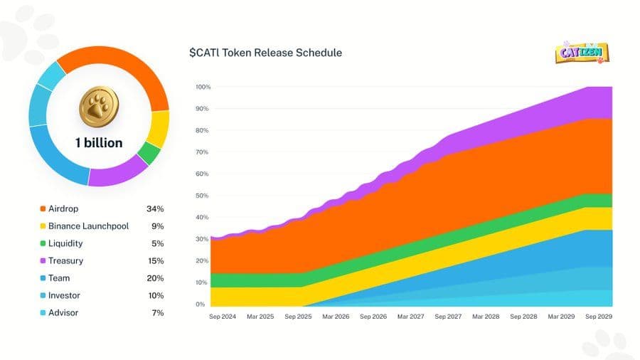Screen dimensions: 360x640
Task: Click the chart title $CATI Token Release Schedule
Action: click(265, 53)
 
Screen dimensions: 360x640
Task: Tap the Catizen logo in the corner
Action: click(581, 53)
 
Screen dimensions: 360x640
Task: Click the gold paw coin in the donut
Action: click(98, 106)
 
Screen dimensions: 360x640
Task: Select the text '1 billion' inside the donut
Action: click(99, 142)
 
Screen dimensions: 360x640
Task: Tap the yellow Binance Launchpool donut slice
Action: click(158, 129)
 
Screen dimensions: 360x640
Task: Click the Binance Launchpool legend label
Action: click(89, 226)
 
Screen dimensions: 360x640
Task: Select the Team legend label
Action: click(59, 278)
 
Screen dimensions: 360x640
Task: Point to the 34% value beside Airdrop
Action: click(154, 209)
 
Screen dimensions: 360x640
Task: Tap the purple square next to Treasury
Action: click(43, 261)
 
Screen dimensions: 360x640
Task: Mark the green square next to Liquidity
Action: click(43, 243)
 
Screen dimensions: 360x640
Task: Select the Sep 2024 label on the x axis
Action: click(222, 316)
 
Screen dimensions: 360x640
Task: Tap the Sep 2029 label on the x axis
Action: click(597, 316)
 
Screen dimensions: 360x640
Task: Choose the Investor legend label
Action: click(64, 295)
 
